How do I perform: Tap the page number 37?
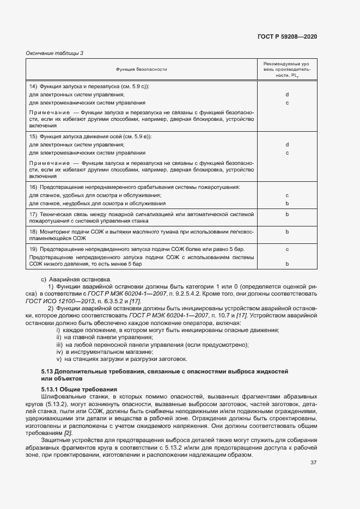point(314,463)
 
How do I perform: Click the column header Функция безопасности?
point(141,70)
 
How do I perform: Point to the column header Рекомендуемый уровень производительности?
point(286,70)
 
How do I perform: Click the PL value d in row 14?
point(286,95)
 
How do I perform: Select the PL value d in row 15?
point(286,144)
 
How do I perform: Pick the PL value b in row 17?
point(286,214)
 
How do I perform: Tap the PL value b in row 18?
point(286,231)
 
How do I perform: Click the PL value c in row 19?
point(286,249)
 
